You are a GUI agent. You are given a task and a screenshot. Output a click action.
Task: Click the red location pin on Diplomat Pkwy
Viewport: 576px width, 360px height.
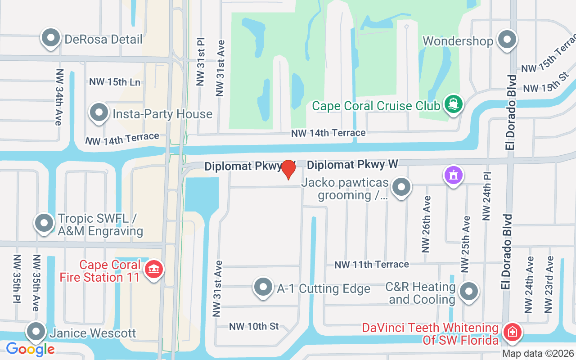click(x=288, y=170)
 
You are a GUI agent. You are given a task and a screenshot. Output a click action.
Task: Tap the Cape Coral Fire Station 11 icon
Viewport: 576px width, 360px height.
click(x=154, y=270)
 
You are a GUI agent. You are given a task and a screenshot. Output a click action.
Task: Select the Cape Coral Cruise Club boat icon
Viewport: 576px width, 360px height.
click(x=453, y=105)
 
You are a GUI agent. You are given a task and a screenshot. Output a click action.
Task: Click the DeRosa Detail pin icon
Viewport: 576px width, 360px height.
click(x=51, y=39)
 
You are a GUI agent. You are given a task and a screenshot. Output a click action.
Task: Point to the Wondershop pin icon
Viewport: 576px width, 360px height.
click(x=508, y=40)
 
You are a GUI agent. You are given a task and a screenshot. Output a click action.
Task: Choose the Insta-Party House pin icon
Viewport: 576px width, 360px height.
click(x=99, y=113)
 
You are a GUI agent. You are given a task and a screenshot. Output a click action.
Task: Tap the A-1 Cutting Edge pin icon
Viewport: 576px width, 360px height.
click(x=263, y=287)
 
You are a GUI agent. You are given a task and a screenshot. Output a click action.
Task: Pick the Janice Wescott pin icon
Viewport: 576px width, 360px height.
click(x=36, y=332)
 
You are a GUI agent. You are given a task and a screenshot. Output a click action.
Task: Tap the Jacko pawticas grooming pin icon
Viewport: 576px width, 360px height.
click(x=401, y=187)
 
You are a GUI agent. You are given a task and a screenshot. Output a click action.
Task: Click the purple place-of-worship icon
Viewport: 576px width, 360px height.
click(x=453, y=175)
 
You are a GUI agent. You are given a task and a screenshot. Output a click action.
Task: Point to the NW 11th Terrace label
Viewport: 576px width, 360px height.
click(x=372, y=265)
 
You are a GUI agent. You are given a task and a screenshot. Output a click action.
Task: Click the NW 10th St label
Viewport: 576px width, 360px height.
click(x=254, y=326)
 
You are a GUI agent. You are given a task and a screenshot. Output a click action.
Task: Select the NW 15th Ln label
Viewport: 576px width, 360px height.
click(x=115, y=82)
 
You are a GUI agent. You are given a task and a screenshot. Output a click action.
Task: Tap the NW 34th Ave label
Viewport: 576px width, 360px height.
click(x=59, y=97)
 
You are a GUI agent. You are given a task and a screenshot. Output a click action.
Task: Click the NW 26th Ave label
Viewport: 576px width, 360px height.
click(x=426, y=224)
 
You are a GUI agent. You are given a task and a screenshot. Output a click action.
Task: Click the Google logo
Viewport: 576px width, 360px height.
click(x=30, y=349)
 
